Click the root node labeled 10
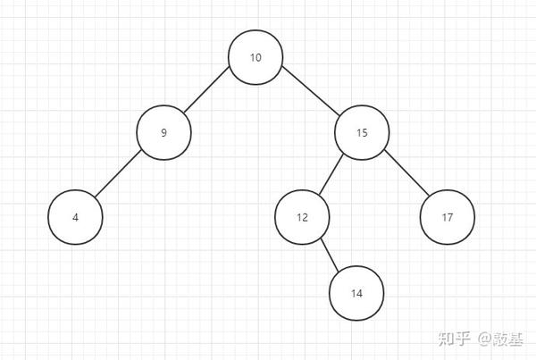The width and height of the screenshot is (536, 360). (255, 58)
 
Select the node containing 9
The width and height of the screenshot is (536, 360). (164, 133)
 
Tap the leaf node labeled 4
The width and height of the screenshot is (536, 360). (75, 217)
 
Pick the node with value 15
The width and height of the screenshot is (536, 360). (362, 133)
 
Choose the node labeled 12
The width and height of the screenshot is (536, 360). (302, 217)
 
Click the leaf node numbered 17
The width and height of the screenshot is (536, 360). (448, 217)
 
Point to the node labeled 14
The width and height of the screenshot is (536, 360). (356, 293)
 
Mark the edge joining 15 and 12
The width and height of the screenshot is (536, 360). (331, 175)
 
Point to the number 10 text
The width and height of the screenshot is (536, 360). (255, 58)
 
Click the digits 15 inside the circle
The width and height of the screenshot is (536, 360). (362, 133)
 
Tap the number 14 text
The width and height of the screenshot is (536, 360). (356, 293)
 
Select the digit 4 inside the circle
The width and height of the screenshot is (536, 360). (75, 217)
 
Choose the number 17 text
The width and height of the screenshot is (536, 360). (448, 217)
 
